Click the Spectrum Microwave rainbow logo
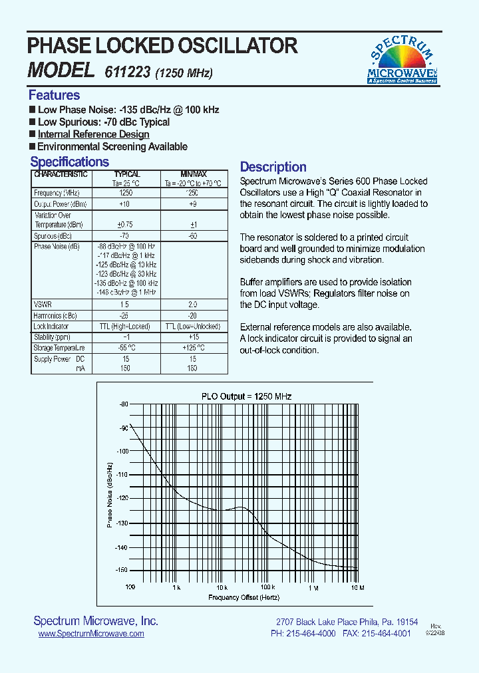(402, 61)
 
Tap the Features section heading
(54, 95)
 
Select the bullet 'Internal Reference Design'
(93, 134)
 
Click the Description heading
(273, 167)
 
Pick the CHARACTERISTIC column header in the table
(61, 174)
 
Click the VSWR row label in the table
(43, 304)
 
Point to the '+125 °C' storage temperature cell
(192, 348)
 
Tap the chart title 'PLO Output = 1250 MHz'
(247, 396)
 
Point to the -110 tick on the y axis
(121, 474)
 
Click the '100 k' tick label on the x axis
(267, 588)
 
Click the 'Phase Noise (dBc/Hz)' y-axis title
(109, 487)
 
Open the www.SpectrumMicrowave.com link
(91, 634)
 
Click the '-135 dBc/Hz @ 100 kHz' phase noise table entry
(126, 283)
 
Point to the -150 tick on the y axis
(121, 571)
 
